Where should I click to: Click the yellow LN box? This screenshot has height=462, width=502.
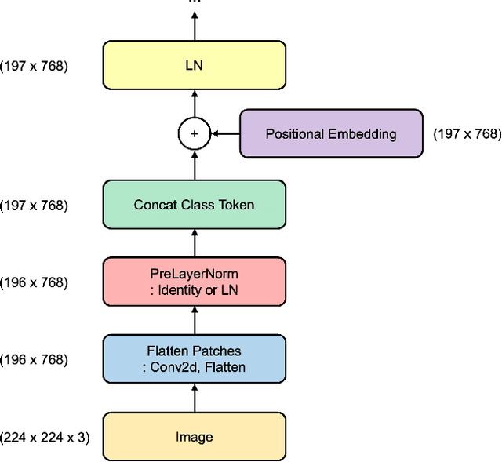[x=194, y=66]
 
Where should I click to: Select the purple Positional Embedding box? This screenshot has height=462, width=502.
[x=330, y=134]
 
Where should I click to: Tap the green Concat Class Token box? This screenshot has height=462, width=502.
[x=194, y=205]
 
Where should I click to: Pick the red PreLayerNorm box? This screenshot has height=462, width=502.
[x=194, y=282]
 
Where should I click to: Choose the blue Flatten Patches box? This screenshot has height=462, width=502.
[x=194, y=359]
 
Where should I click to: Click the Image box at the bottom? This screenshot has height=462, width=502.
[x=194, y=437]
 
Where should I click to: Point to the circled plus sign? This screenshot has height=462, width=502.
[x=194, y=134]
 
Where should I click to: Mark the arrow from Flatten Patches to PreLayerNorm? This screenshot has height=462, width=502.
[x=194, y=321]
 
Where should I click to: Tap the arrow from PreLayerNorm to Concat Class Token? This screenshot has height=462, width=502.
[x=194, y=243]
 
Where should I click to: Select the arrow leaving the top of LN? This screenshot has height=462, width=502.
[x=194, y=27]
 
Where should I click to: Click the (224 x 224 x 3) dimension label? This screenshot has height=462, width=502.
[x=45, y=437]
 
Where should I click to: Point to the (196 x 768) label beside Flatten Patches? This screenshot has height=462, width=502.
[x=35, y=359]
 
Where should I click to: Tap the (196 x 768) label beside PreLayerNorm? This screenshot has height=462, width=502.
[x=35, y=282]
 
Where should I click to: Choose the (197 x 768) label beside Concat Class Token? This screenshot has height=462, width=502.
[x=35, y=205]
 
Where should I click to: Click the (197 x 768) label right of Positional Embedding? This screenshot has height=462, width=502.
[x=467, y=134]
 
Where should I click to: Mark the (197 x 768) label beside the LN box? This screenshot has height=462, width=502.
[x=35, y=66]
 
